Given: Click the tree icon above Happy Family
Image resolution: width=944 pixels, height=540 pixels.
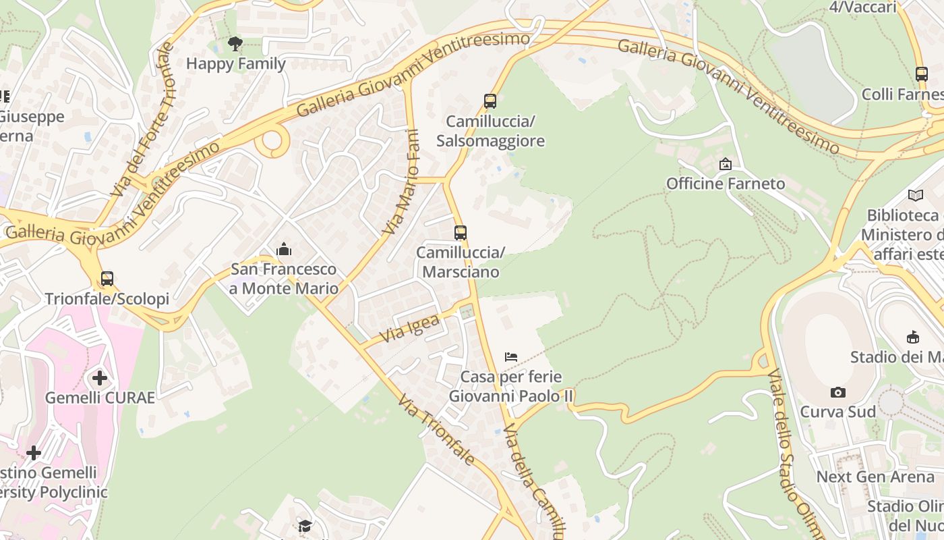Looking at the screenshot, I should [x=235, y=45].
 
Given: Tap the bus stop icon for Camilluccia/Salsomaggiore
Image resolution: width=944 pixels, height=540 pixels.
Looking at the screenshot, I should [x=490, y=101].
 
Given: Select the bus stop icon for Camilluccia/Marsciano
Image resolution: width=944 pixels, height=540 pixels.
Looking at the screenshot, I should [x=461, y=233].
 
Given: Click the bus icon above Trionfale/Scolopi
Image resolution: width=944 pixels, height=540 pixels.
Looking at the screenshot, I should [x=107, y=278].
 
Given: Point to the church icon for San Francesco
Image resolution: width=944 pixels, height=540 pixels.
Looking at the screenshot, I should [x=284, y=250].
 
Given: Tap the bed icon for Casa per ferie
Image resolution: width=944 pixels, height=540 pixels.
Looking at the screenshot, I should [x=511, y=356].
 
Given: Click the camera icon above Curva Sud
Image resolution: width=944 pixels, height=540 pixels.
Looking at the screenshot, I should [x=837, y=392].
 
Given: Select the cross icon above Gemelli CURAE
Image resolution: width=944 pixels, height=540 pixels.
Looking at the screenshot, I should [x=100, y=378].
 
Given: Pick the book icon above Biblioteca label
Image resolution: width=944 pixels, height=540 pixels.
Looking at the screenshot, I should [x=915, y=196].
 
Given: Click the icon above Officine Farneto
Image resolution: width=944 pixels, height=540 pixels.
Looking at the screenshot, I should [x=726, y=164].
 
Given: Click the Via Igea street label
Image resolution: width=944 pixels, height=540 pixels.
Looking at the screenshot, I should [x=409, y=328].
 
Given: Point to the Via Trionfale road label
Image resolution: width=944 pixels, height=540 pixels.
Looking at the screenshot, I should [x=436, y=430].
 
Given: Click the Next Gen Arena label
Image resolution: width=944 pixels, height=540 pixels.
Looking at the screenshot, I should [x=875, y=477].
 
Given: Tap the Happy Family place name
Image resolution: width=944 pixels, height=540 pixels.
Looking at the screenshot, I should [x=236, y=64].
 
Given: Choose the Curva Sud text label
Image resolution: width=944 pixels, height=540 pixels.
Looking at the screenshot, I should [x=837, y=412].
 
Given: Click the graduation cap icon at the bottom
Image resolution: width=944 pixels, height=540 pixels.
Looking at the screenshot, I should [x=305, y=526].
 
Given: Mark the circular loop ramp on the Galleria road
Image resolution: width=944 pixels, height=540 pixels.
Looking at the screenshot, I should [x=272, y=142].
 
